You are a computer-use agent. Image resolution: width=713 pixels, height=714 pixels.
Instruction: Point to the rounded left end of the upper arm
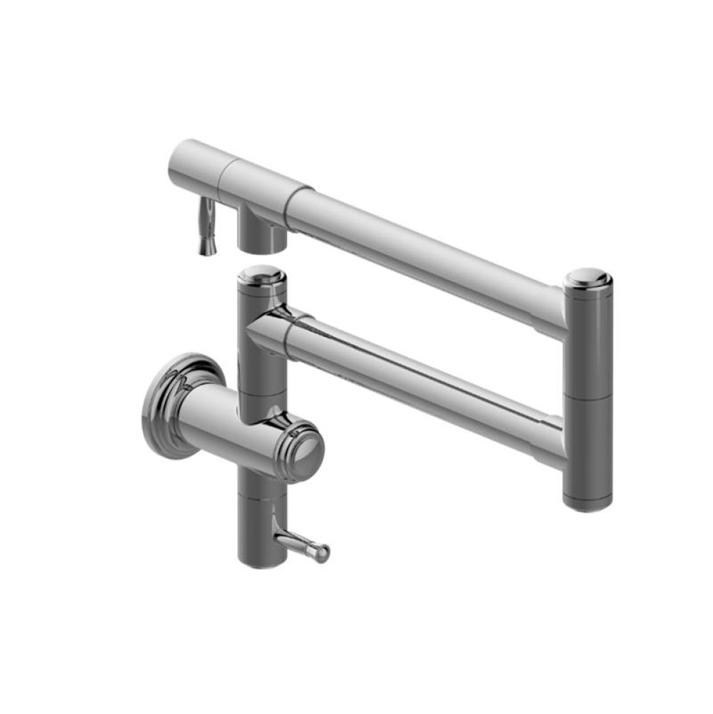pyautogui.click(x=178, y=161)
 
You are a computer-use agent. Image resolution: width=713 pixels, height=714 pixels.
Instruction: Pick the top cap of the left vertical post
pyautogui.click(x=261, y=273)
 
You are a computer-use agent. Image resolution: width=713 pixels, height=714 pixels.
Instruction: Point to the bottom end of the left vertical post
pyautogui.click(x=261, y=560)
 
